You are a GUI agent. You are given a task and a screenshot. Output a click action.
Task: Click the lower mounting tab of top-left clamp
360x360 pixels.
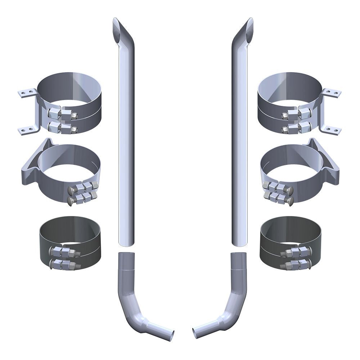click(26, 130)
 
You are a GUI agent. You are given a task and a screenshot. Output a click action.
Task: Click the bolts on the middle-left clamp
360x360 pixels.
click(82, 193)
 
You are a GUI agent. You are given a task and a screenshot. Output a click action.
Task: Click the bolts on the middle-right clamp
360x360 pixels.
click(278, 193)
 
